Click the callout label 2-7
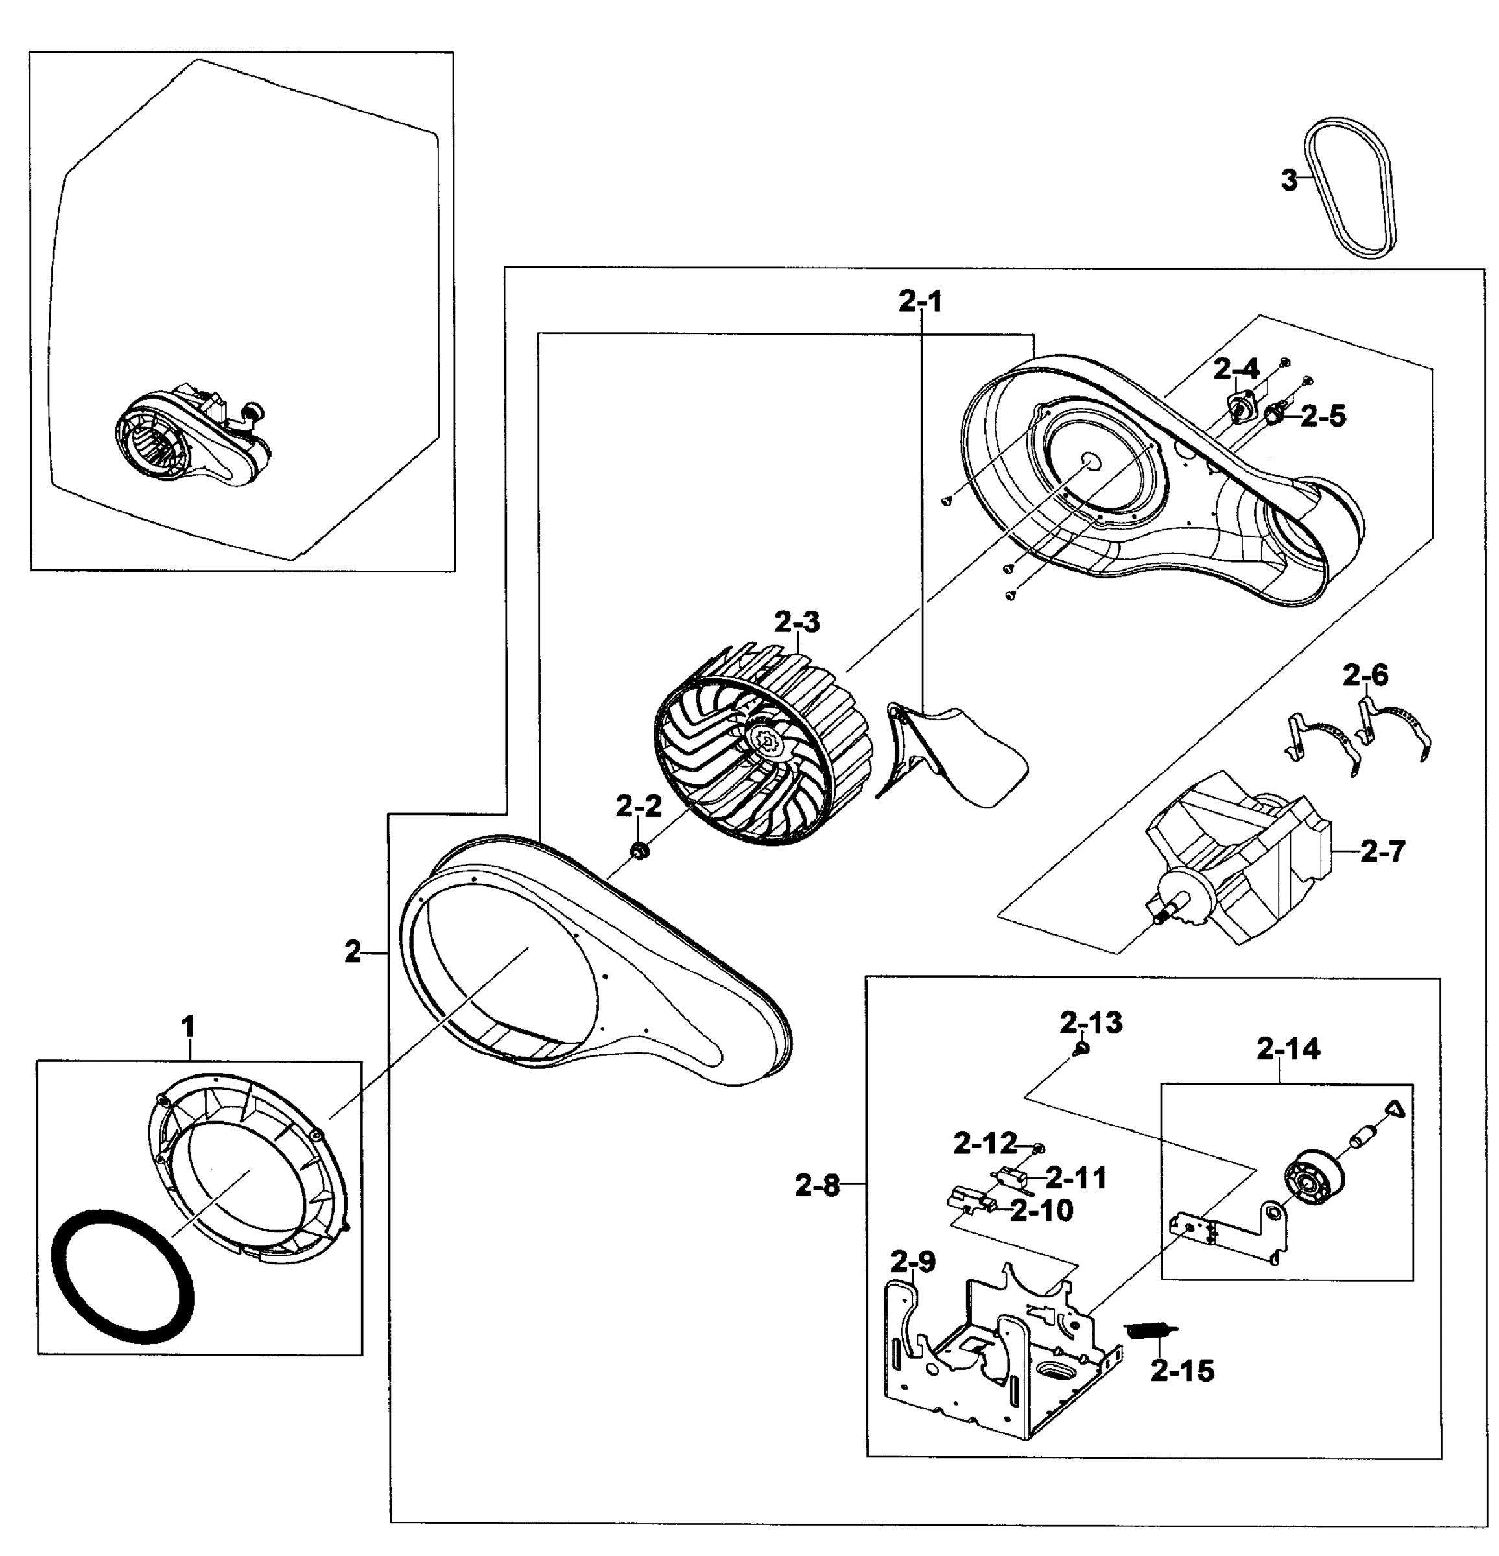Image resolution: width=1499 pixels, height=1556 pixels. (x=1382, y=851)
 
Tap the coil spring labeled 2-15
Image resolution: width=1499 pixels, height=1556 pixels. (x=1149, y=1330)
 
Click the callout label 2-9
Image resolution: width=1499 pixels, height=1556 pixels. (x=912, y=1260)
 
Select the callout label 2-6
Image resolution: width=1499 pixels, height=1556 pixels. (x=1365, y=676)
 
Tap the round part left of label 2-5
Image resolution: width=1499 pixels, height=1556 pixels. (x=1273, y=414)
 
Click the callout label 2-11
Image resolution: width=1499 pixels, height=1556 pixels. (x=1076, y=1178)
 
